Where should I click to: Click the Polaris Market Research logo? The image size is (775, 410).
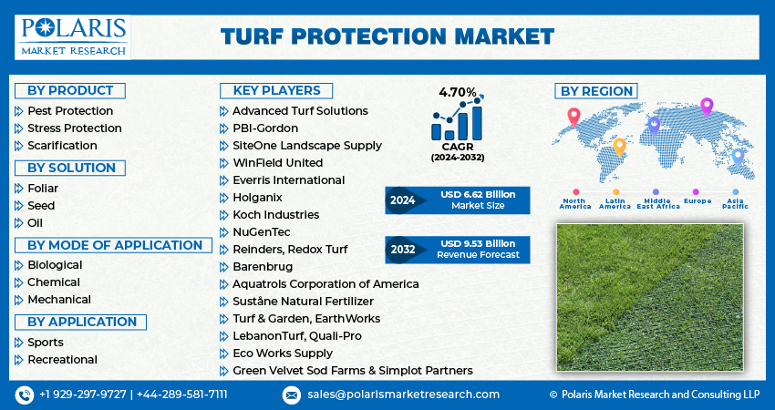tap(72, 36)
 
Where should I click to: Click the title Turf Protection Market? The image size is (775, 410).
tap(387, 36)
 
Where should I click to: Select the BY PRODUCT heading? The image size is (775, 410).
tap(70, 90)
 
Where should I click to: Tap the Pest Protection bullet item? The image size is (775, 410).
tap(70, 111)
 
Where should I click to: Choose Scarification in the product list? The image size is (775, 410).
tap(62, 146)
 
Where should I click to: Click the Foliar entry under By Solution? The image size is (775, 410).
tap(43, 189)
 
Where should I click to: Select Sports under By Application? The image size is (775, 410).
tap(46, 343)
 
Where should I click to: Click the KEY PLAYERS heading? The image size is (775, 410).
tap(276, 90)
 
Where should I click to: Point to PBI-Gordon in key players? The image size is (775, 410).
tap(265, 128)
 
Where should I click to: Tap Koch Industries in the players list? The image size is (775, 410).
tap(275, 215)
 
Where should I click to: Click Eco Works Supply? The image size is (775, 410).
tap(283, 354)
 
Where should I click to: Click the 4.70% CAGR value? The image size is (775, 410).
tap(458, 93)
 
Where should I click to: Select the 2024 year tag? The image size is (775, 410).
tap(402, 200)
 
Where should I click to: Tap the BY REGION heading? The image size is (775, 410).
tap(596, 91)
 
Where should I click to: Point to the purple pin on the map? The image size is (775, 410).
tap(706, 107)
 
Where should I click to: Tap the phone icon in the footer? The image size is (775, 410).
tap(24, 395)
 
